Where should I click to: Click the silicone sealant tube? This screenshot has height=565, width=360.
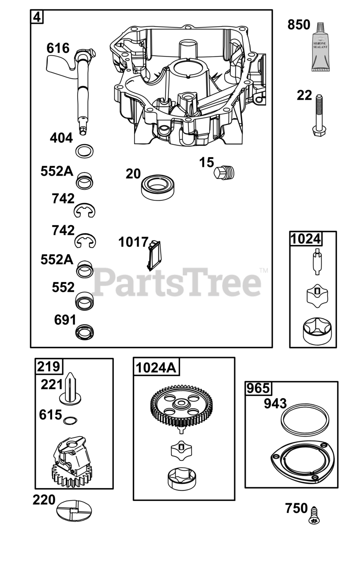coord(320,47)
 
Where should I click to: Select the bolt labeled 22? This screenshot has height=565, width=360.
coord(319,115)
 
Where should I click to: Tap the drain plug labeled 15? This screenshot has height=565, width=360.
coord(224,173)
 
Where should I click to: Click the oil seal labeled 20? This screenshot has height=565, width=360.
coord(157,188)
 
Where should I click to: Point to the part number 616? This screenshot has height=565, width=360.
coord(58,48)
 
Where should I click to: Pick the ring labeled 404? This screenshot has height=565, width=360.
coord(84,151)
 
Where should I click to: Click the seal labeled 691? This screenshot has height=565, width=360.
coord(85,331)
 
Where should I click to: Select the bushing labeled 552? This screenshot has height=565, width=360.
coord(85,301)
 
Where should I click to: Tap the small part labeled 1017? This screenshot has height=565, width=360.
coord(154,256)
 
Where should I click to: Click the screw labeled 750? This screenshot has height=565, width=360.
coord(314,515)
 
